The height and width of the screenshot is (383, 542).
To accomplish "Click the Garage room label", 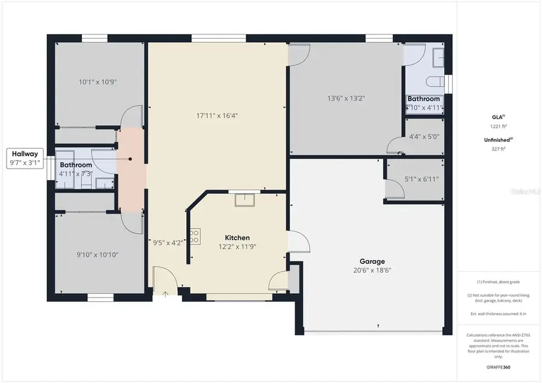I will pos(372,261).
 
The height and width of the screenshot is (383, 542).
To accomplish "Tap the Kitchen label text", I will pos(237,238).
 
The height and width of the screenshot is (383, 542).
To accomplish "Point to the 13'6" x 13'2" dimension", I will pos(346,98).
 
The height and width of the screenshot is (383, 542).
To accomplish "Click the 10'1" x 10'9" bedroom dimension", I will pos(97,81).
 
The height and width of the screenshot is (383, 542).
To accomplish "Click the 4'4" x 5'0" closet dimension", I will pos(424,137).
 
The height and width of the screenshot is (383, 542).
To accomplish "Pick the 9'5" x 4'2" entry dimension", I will pos(167,243).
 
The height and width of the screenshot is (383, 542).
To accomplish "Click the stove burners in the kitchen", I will pos(195,237).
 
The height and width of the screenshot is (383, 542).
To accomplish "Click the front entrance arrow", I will pos(166,294).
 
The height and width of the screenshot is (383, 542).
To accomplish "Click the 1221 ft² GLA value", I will pos(498,126).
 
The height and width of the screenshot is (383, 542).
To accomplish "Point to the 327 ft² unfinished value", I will pos(498,148).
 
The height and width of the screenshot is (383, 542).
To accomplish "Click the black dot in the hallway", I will pos(130,159).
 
